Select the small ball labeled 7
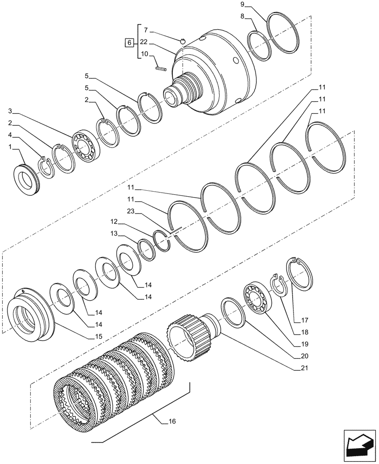coord(183,41)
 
